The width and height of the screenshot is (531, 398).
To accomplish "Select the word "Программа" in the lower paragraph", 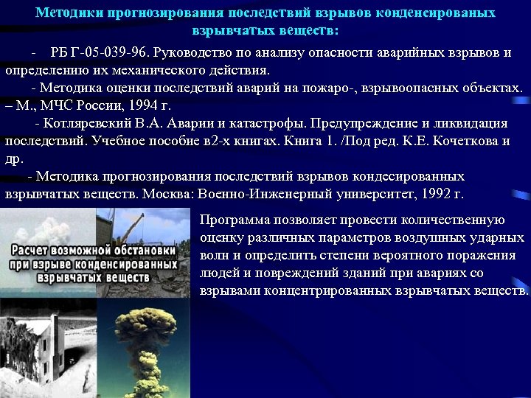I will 235,220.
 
